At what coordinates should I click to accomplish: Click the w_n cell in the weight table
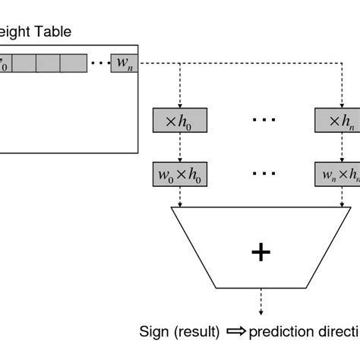click(123, 62)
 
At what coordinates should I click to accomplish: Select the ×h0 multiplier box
click(179, 120)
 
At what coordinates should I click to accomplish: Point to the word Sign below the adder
click(154, 331)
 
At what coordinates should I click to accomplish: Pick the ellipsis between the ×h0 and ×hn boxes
click(264, 120)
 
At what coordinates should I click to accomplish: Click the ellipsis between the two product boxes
click(264, 173)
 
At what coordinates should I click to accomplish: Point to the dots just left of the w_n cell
click(99, 62)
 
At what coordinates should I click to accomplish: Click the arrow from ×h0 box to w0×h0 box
click(179, 147)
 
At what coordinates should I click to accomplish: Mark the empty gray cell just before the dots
click(74, 62)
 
